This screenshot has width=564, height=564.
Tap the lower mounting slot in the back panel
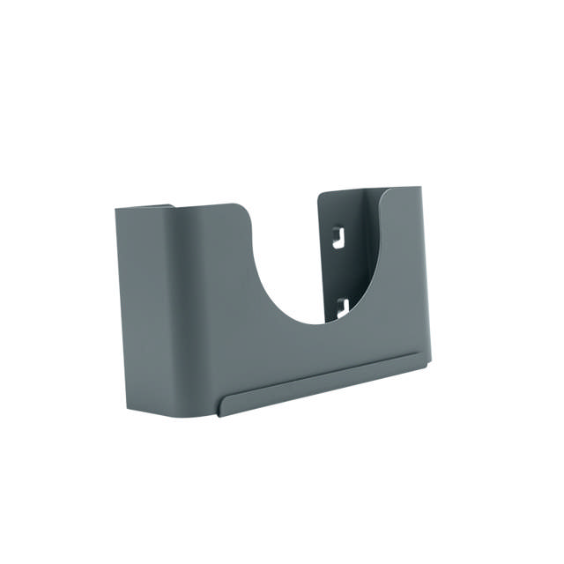[342, 308]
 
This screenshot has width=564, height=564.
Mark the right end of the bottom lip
[427, 360]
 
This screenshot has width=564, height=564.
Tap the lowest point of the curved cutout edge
[313, 323]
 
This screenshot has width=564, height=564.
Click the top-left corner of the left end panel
[117, 211]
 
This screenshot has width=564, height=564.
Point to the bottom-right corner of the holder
[429, 361]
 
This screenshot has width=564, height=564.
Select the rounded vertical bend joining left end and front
[176, 308]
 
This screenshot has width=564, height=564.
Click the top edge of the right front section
[401, 188]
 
